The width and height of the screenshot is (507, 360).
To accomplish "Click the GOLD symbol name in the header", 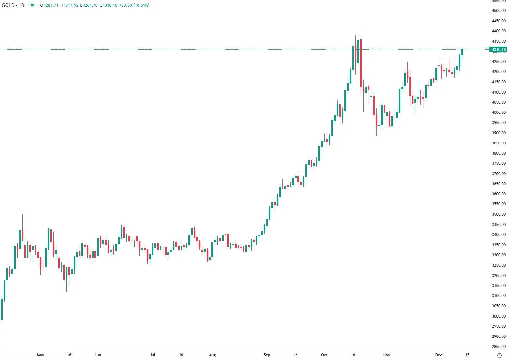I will [x=8, y=5].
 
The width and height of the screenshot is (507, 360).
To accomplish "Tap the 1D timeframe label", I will [x=22, y=5].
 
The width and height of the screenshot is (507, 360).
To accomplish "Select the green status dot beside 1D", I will [x=32, y=5].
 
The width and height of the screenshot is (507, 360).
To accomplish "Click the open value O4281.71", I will [x=50, y=5].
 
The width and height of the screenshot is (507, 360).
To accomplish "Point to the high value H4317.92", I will [x=69, y=5].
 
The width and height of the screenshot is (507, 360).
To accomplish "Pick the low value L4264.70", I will [x=89, y=5].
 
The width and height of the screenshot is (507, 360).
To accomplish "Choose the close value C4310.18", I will [x=109, y=5].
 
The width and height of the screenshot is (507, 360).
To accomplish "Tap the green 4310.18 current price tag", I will [x=498, y=50].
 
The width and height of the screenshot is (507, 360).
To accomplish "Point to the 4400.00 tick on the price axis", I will [x=499, y=31].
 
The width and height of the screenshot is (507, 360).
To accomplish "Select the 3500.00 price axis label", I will [x=499, y=214].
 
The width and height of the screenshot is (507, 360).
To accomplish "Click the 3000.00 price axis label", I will [x=499, y=316].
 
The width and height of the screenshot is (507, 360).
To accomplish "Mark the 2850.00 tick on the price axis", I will [x=499, y=347].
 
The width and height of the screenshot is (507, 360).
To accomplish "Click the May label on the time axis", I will [x=40, y=355].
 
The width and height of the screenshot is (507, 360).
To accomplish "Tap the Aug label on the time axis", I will [x=212, y=355].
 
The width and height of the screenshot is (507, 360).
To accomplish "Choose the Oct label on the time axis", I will [x=324, y=355].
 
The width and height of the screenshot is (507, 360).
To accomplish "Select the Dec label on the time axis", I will [x=439, y=355].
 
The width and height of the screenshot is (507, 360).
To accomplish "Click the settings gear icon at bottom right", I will [x=500, y=355].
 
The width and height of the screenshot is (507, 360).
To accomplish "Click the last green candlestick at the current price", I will [x=462, y=52].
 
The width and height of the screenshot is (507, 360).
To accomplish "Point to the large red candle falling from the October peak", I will [x=361, y=63].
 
